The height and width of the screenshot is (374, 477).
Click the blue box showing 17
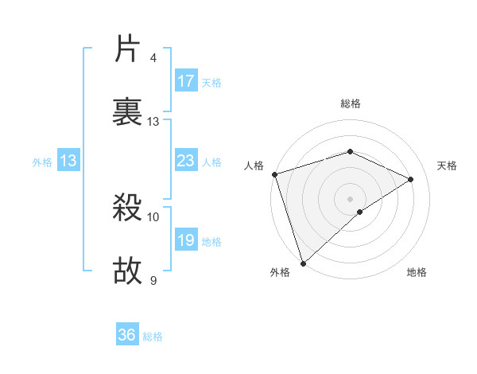[186, 81]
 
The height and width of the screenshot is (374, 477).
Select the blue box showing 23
[186, 162]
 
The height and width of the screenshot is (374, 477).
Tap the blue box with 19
[186, 240]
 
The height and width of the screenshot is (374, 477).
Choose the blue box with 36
[127, 335]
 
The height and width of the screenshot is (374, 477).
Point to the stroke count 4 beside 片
[153, 58]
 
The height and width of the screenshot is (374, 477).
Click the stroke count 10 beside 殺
[153, 216]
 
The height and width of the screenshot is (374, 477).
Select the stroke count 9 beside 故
[153, 279]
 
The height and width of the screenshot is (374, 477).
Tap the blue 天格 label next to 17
[211, 83]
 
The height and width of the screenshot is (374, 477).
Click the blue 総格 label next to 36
[153, 337]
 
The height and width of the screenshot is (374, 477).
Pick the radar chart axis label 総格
[350, 103]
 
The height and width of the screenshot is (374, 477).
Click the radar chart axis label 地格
[417, 273]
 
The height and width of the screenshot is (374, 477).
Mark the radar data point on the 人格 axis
[274, 174]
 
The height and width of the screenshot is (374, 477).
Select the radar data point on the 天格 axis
[411, 179]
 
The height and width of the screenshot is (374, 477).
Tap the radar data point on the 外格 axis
[303, 263]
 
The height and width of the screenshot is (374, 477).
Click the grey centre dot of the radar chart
[350, 198]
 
